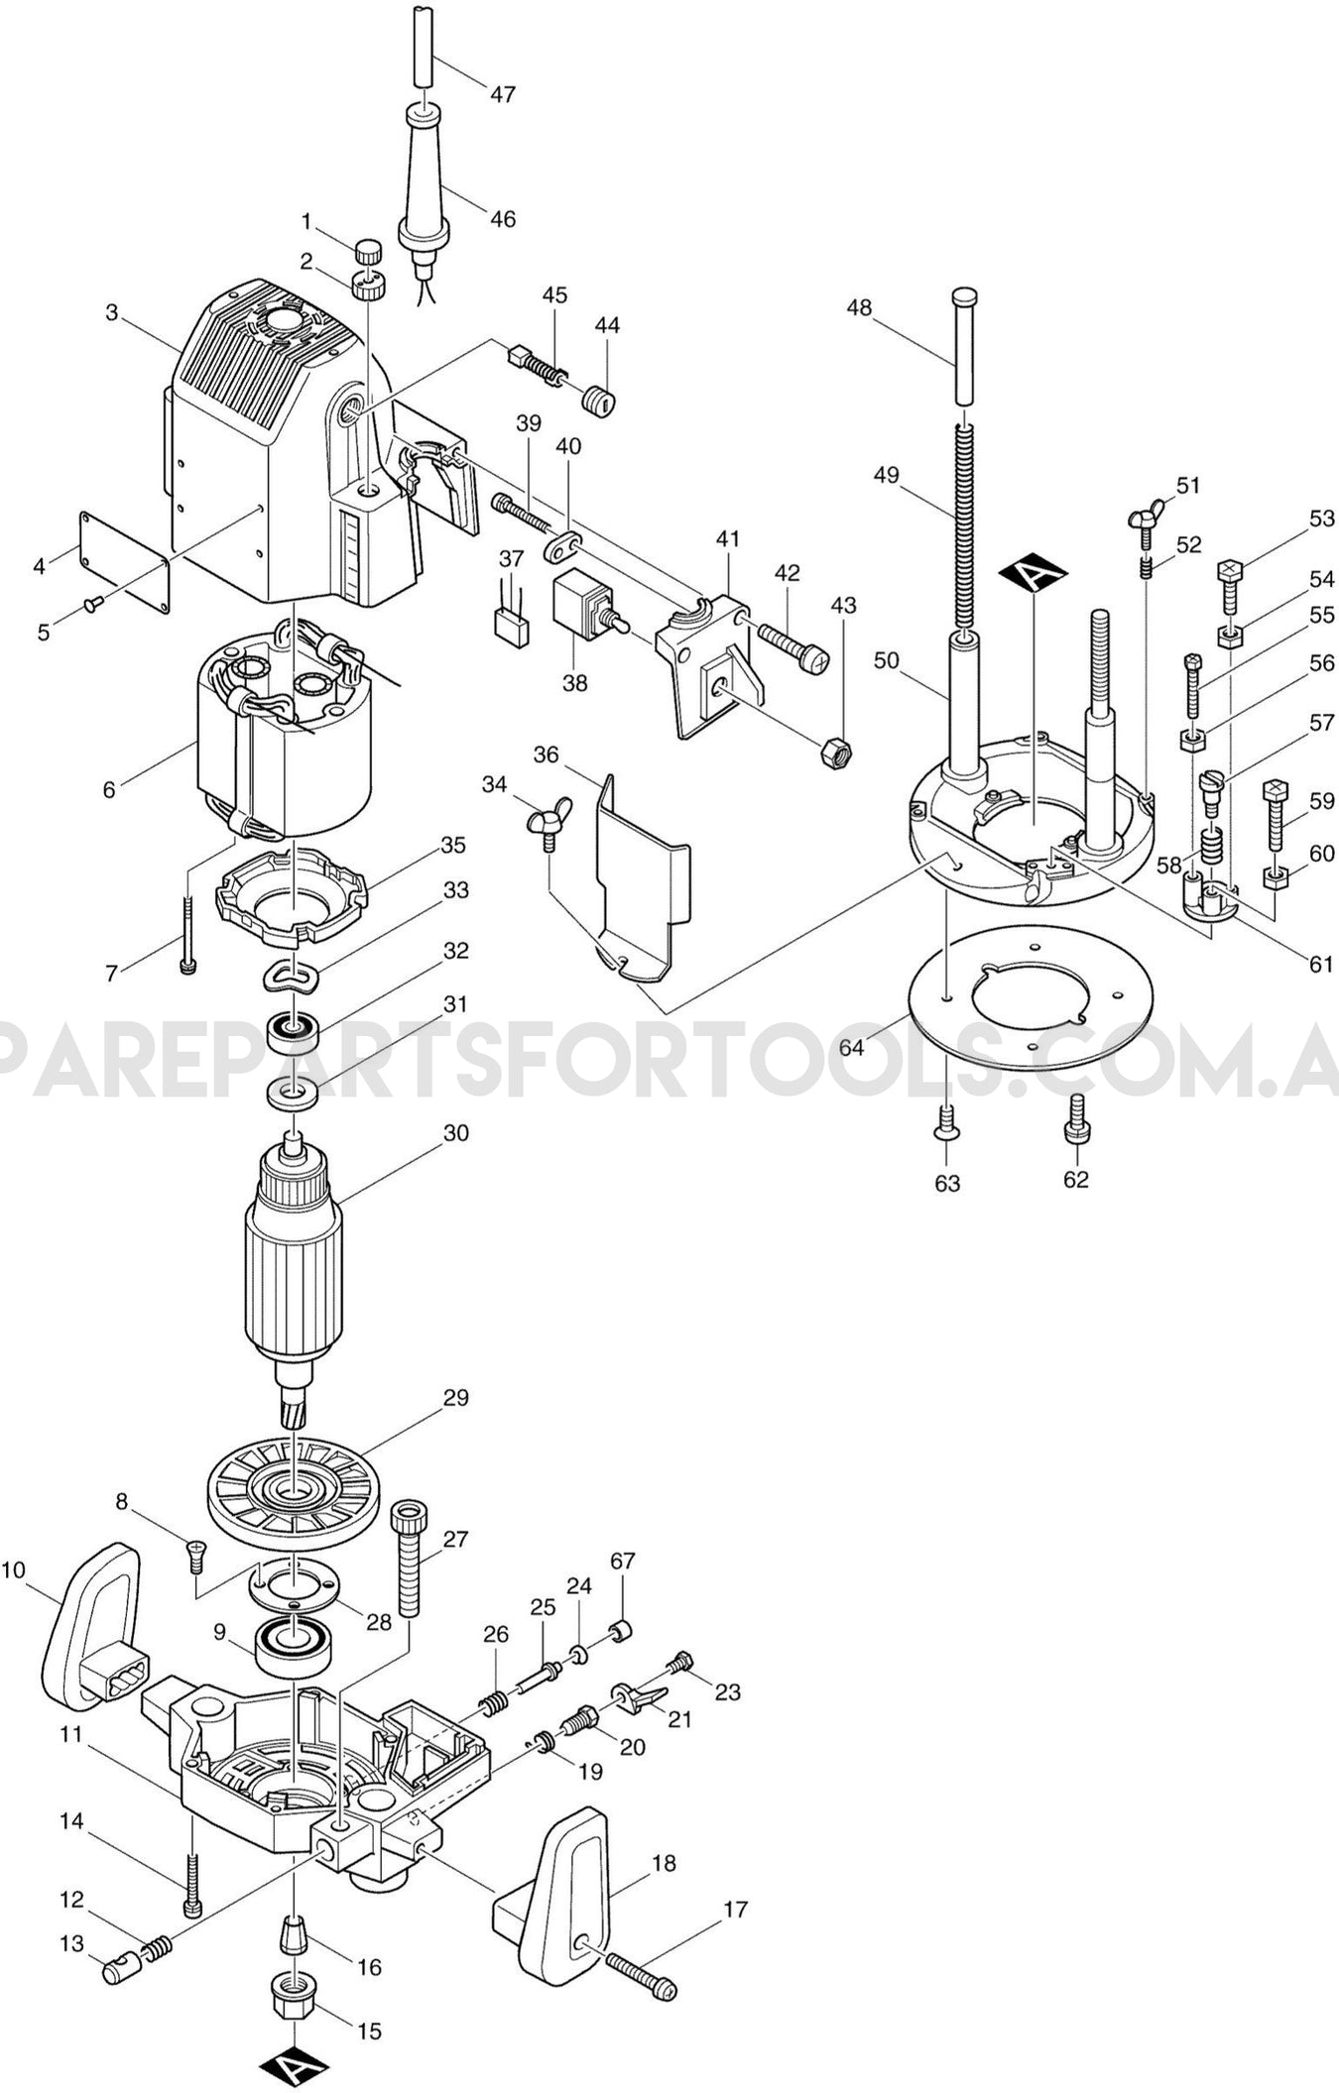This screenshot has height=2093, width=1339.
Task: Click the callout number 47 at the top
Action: coord(503,94)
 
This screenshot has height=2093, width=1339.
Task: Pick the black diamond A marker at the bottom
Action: coord(295,2064)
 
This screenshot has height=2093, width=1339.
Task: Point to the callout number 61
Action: coord(1321,964)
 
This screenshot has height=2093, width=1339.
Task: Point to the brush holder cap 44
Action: coord(598,403)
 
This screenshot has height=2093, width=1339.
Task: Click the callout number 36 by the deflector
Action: coord(546,755)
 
